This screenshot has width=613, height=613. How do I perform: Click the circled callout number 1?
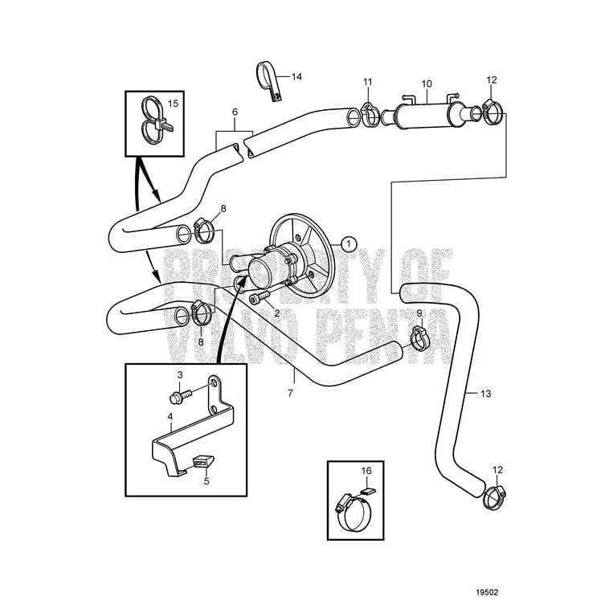349,241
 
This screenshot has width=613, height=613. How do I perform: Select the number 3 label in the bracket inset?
180,375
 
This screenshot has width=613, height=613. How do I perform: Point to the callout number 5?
206,481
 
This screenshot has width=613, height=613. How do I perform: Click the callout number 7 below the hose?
291,393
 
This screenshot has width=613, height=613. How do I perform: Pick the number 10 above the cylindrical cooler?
427,84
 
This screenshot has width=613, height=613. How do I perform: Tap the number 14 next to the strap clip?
296,77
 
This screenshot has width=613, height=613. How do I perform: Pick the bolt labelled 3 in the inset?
182,397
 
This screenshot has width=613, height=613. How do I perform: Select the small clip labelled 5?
202,463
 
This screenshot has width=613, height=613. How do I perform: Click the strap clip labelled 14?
268,80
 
